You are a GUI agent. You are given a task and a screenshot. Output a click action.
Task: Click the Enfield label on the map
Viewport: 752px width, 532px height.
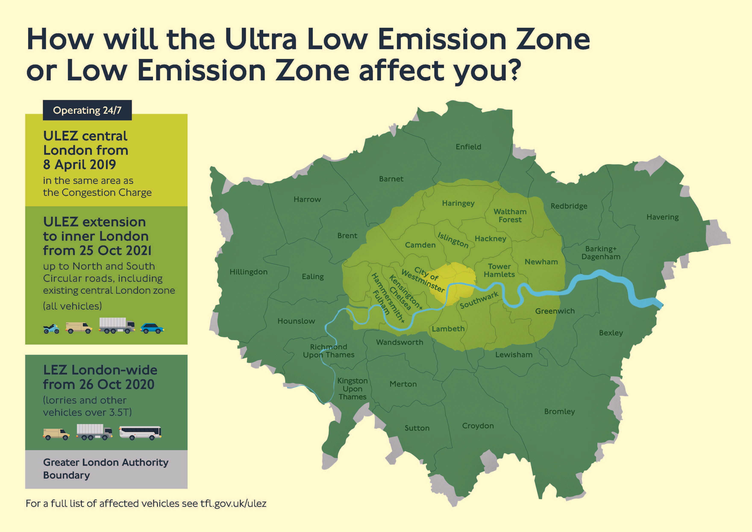468,147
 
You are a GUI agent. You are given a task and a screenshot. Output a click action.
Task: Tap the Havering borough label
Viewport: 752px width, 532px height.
662,217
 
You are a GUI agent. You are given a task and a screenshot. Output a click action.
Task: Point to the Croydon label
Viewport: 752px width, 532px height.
478,426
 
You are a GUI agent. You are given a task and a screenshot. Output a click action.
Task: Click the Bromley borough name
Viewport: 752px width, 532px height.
560,411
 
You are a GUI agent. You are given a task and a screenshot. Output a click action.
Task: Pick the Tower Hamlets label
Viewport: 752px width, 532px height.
499,271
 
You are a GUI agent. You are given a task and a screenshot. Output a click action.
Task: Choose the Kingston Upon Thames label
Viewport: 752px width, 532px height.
352,389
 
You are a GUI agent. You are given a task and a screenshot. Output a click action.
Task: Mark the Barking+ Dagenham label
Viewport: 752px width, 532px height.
601,253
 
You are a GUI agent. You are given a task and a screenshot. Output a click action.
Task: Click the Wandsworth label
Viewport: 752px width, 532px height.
399,342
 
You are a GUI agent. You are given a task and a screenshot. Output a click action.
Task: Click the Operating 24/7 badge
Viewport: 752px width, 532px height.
87,110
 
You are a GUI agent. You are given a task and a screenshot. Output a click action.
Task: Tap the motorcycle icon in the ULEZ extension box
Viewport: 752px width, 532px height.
51,329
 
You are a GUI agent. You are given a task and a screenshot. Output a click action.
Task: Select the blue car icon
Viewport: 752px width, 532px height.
152,328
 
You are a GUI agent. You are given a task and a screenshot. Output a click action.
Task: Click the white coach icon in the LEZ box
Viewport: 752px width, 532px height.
140,433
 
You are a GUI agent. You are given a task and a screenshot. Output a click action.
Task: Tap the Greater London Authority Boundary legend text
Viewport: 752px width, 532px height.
106,469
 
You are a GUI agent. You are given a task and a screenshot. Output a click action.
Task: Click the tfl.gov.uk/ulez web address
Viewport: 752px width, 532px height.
234,504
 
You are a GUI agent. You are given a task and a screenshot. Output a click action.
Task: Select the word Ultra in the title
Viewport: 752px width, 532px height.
261,39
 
